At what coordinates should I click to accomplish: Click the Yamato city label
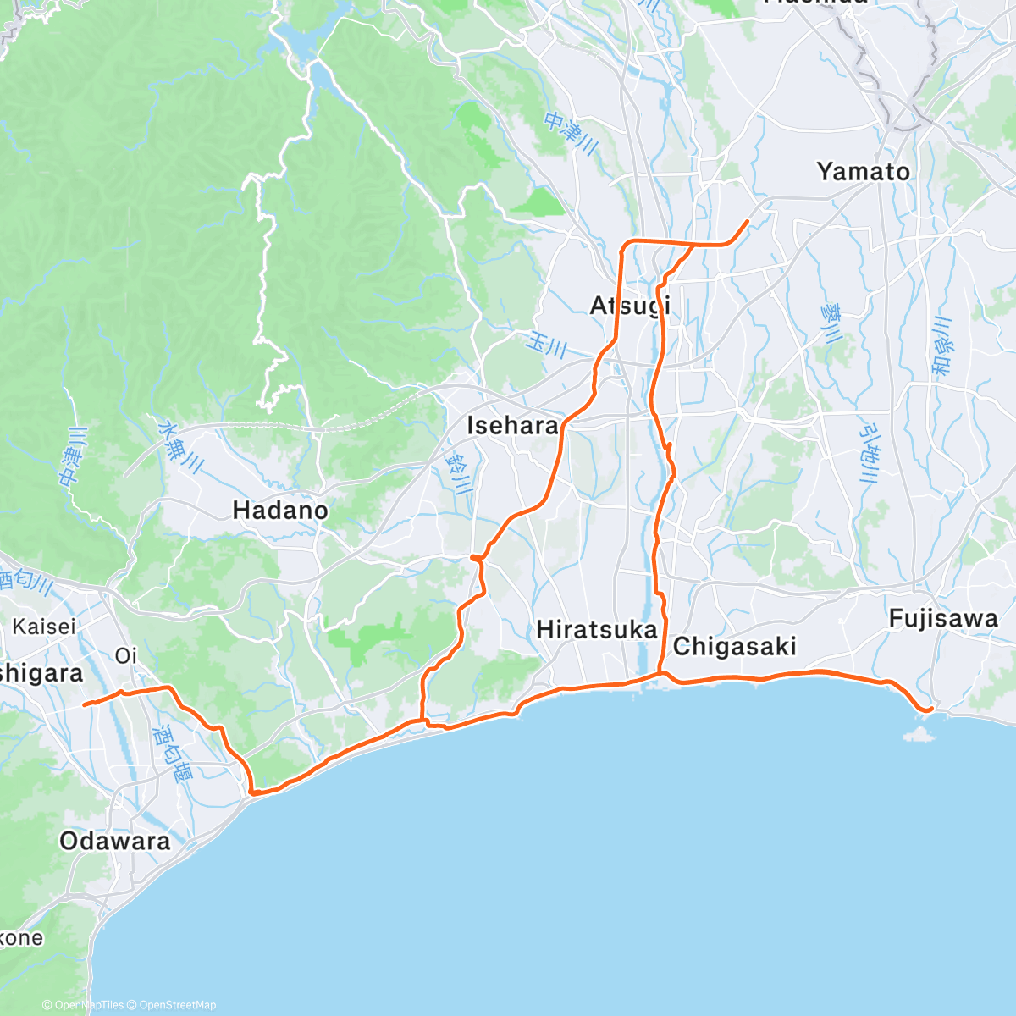click(x=864, y=172)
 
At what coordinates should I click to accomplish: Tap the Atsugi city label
click(x=630, y=305)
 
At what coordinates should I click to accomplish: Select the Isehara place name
click(x=512, y=425)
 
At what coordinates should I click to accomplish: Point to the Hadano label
click(x=280, y=511)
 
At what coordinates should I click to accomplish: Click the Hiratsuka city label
click(x=597, y=630)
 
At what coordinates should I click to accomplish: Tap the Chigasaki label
click(x=735, y=647)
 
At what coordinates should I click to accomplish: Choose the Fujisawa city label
click(x=943, y=619)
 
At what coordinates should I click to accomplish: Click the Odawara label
click(x=115, y=841)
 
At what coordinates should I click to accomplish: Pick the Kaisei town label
click(x=44, y=627)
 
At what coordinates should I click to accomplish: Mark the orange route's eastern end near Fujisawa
click(x=931, y=709)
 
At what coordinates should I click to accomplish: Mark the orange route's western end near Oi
click(x=84, y=704)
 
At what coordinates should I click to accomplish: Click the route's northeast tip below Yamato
click(x=747, y=221)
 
